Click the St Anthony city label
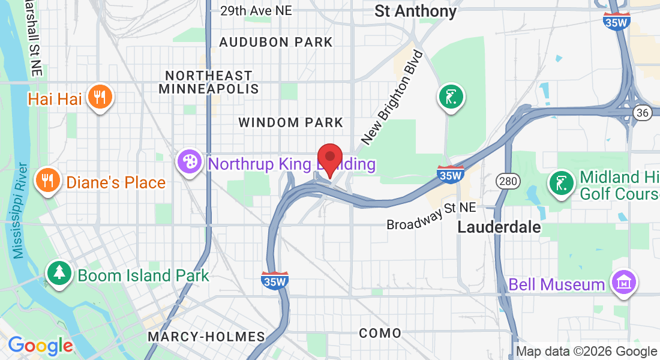click(415, 11)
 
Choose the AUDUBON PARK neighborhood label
click(276, 42)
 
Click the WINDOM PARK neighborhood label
click(291, 122)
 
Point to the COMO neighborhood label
click(380, 333)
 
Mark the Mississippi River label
click(20, 210)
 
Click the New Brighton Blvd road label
click(392, 98)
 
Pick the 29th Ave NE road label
click(256, 10)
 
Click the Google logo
click(41, 346)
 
